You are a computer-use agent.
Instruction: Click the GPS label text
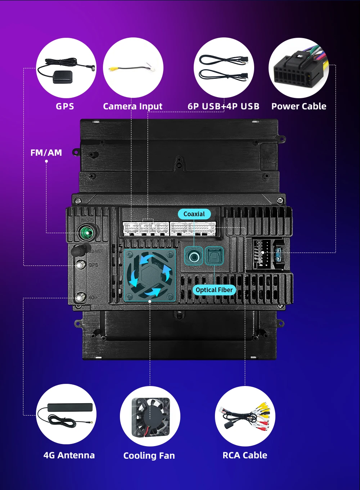[x=65, y=106]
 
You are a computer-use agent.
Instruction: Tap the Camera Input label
[x=132, y=106]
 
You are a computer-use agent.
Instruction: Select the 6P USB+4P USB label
[x=223, y=106]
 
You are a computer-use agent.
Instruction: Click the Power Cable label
[x=299, y=106]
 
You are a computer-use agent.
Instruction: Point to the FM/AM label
[x=46, y=153]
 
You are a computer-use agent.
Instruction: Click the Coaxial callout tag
[x=194, y=214]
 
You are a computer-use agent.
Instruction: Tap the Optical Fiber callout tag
[x=214, y=290]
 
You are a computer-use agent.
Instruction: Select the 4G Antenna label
[x=69, y=455]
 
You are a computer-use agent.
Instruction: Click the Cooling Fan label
[x=149, y=456]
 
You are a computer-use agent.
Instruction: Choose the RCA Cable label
[x=245, y=455]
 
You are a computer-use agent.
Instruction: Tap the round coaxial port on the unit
[x=194, y=257]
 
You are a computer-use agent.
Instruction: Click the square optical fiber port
[x=214, y=256]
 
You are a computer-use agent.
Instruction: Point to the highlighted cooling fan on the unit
[x=150, y=275]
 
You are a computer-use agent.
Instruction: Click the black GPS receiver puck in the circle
[x=63, y=77]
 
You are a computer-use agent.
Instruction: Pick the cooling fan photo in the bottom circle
[x=150, y=417]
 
